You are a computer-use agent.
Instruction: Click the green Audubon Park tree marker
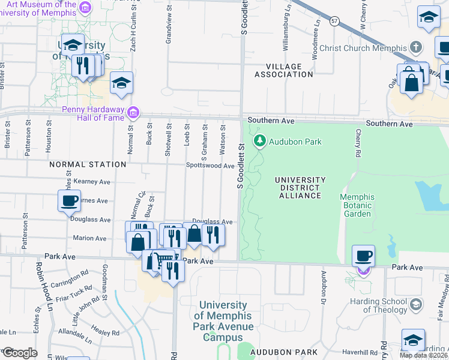coord(260,142)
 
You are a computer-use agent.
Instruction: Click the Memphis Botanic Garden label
coord(357,205)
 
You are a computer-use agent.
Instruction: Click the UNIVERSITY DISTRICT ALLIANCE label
coord(300,187)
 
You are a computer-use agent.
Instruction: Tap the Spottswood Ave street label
coord(210,166)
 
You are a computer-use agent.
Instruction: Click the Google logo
coord(19,353)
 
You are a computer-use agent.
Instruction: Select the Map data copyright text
coord(424,355)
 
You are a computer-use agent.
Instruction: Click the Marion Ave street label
coord(89,238)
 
